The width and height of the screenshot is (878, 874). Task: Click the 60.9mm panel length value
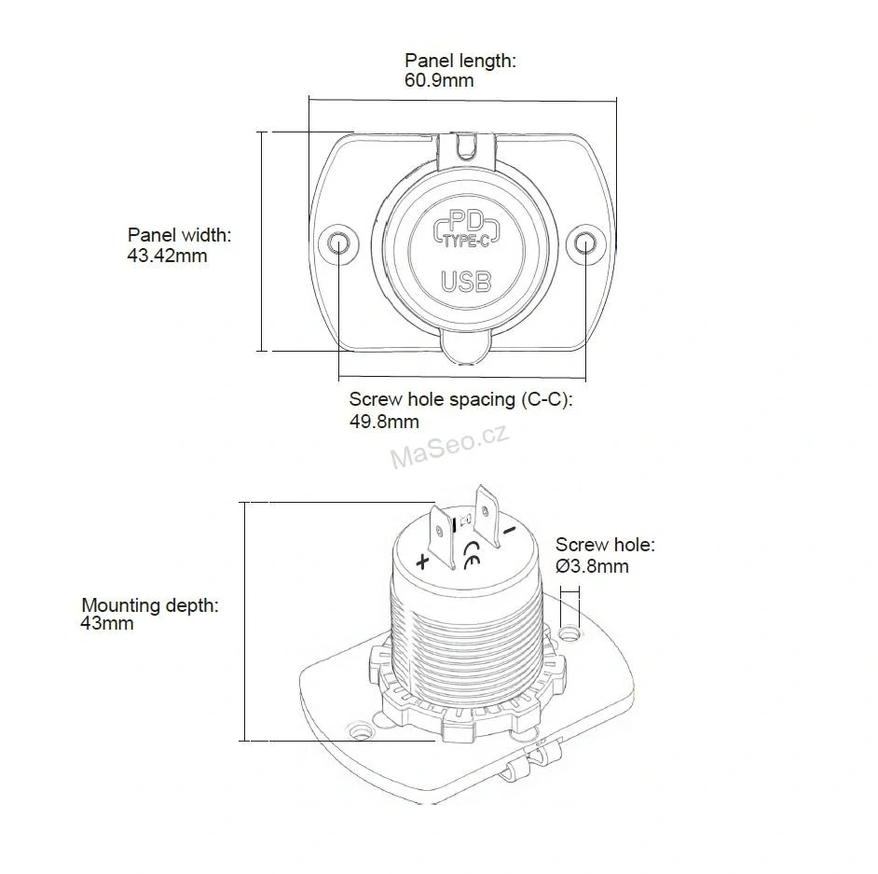click(439, 80)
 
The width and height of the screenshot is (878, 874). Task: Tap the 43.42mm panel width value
click(167, 256)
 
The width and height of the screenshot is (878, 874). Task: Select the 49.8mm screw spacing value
click(384, 422)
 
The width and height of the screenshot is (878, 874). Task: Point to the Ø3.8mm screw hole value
click(592, 566)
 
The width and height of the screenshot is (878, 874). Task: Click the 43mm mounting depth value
click(107, 623)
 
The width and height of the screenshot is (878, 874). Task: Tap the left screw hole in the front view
click(338, 243)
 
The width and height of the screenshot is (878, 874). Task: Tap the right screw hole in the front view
click(585, 243)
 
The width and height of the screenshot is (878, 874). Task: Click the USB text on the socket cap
click(466, 282)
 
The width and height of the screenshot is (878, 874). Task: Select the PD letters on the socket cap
click(466, 221)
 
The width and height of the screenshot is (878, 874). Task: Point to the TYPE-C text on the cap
click(466, 242)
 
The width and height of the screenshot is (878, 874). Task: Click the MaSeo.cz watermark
click(449, 446)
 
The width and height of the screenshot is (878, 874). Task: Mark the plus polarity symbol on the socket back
click(423, 561)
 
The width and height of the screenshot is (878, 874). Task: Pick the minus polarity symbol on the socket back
click(509, 530)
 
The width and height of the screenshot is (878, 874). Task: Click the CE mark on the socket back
click(472, 555)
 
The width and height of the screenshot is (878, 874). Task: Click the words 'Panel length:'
click(460, 60)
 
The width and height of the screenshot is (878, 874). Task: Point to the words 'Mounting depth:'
click(150, 605)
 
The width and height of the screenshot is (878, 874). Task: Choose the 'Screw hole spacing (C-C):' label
click(460, 399)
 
